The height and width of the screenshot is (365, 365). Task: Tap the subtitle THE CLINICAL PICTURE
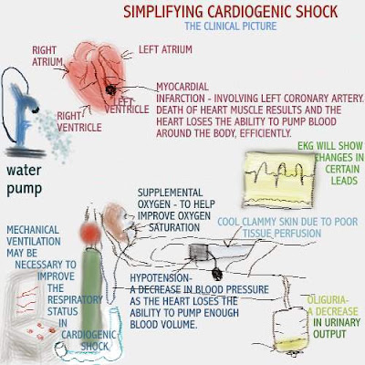pyautogui.click(x=231, y=26)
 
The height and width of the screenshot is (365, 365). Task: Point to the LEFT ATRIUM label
pyautogui.click(x=165, y=49)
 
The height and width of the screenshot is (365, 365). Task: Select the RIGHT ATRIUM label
pyautogui.click(x=47, y=56)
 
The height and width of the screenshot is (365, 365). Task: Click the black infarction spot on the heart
pyautogui.click(x=110, y=89)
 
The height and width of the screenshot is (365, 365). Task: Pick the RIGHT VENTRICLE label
pyautogui.click(x=79, y=121)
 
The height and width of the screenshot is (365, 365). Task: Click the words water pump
pyautogui.click(x=24, y=180)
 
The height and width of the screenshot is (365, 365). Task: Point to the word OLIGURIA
pyautogui.click(x=327, y=300)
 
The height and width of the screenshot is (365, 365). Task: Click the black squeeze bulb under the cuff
pyautogui.click(x=217, y=274)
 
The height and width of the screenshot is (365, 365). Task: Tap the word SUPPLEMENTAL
pyautogui.click(x=170, y=193)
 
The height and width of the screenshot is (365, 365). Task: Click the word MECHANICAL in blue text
pyautogui.click(x=33, y=230)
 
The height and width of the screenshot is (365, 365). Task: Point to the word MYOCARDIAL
pyautogui.click(x=182, y=87)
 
